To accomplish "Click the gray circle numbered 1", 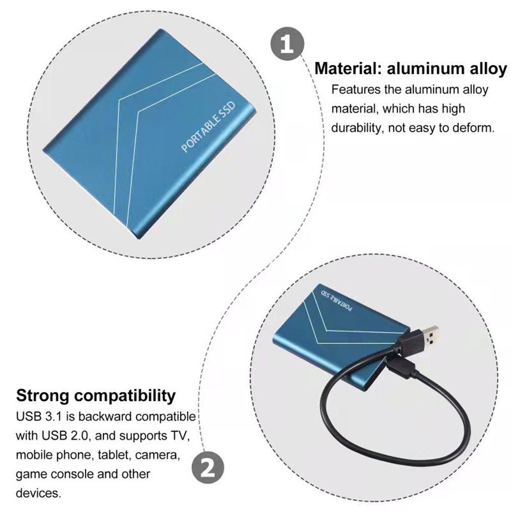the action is point(287,43).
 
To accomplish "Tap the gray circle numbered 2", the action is point(207,468).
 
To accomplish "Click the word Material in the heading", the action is point(347,68).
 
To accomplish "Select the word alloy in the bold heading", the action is point(488,69).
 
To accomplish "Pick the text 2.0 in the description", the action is point(79,436).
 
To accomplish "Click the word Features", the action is point(356,89).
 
